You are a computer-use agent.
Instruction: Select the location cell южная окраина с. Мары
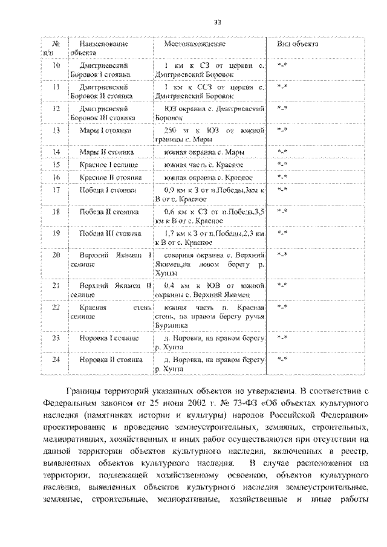pyautogui.click(x=205, y=152)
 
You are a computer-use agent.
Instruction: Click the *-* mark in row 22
pyautogui.click(x=282, y=307)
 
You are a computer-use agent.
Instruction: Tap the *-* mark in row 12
pyautogui.click(x=282, y=109)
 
